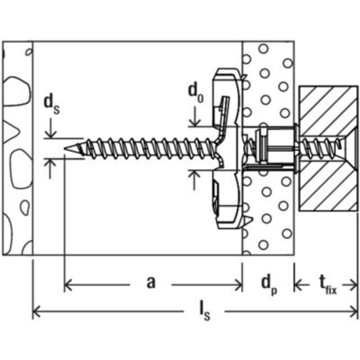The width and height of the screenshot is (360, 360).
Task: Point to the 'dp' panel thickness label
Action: click(x=268, y=283)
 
